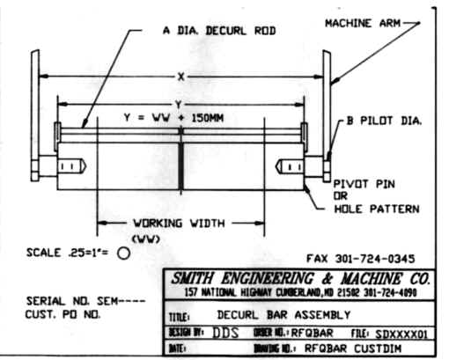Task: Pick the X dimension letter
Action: click(180, 77)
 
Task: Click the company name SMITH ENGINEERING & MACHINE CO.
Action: click(297, 278)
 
